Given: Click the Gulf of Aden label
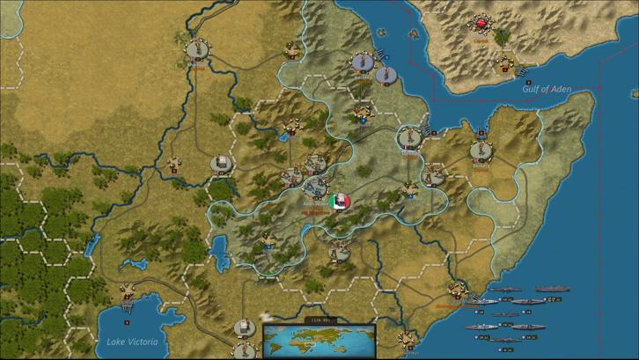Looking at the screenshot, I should [547, 89].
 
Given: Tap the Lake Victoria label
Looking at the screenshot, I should [131, 341].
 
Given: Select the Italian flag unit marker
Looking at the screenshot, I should [339, 202].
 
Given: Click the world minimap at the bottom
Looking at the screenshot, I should [319, 339].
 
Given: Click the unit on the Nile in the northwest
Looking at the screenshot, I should [195, 48].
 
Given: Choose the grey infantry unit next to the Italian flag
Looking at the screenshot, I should [315, 187].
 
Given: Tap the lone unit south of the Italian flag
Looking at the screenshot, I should [339, 252].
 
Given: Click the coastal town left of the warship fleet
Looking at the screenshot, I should [456, 290].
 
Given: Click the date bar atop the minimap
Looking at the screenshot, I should [319, 320].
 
